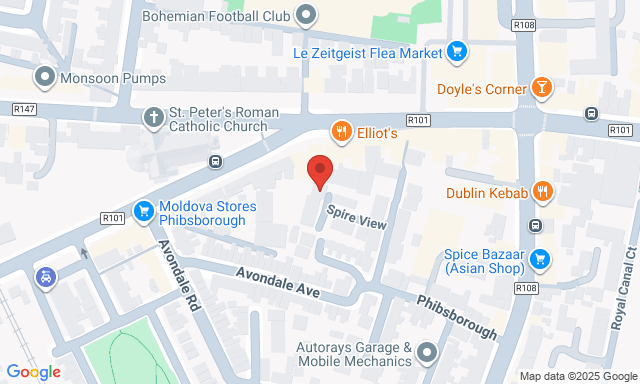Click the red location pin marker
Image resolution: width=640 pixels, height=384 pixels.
[319, 171]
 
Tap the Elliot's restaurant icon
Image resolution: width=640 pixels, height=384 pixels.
[341, 132]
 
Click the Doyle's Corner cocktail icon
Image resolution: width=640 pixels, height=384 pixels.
[541, 88]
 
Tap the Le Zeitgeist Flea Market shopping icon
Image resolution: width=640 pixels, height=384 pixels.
[456, 51]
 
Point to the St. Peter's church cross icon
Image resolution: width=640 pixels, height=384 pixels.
[152, 116]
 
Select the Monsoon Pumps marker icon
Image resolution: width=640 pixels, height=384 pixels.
[44, 76]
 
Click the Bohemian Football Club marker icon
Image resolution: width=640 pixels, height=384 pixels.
[306, 15]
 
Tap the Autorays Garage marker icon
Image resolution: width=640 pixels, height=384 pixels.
[428, 352]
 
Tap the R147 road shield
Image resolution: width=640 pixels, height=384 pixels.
[25, 108]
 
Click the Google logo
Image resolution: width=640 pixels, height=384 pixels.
[33, 372]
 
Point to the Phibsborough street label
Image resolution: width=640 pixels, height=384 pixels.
[456, 316]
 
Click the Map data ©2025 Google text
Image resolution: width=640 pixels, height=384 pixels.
[577, 376]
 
